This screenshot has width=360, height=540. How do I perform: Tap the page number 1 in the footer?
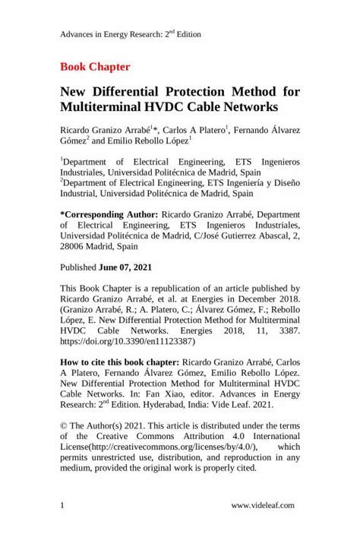click(62, 504)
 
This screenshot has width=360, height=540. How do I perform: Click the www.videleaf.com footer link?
click(264, 504)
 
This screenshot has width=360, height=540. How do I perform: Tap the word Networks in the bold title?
click(247, 107)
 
